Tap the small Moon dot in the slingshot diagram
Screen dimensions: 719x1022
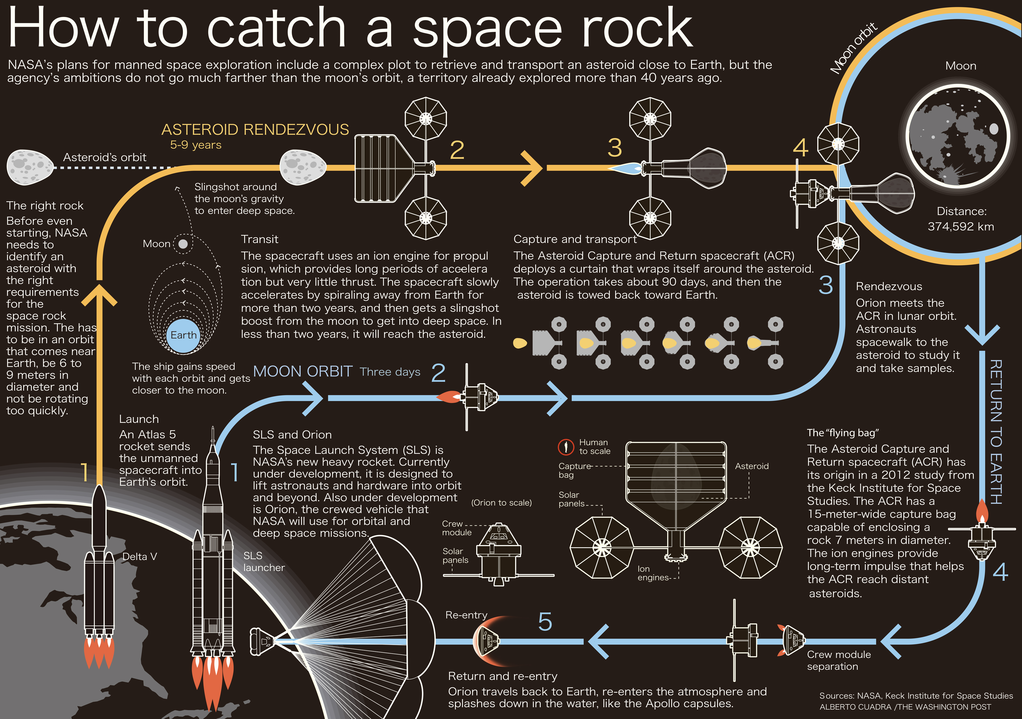182,244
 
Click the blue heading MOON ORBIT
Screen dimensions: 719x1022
303,372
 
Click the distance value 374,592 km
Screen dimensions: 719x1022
961,226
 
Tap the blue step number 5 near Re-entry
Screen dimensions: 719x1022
545,621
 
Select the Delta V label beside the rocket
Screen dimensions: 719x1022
140,557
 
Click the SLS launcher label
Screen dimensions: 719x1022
263,561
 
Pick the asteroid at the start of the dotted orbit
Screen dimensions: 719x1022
30,167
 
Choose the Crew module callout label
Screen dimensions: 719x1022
457,528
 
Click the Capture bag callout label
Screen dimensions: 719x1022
574,470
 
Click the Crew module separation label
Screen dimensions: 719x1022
839,660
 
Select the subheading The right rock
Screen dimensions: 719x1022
45,206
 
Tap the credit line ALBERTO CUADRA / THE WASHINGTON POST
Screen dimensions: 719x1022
905,707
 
